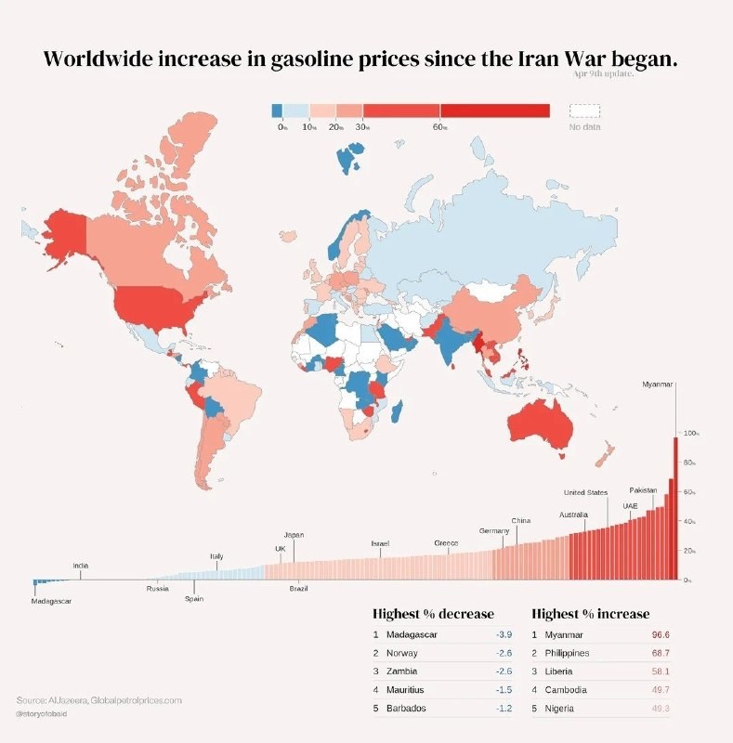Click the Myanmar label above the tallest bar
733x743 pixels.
[x=658, y=384]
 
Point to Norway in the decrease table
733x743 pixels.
[x=401, y=654]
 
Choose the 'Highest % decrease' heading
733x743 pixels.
[x=433, y=614]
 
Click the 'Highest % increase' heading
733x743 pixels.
[x=590, y=614]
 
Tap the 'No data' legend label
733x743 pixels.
[x=584, y=126]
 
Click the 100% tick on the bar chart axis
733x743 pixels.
[x=691, y=434]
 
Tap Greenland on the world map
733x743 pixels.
[x=181, y=149]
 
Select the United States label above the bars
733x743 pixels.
[x=585, y=492]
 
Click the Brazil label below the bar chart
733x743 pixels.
[x=298, y=589]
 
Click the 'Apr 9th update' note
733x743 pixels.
[x=604, y=73]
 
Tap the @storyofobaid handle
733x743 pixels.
[x=47, y=714]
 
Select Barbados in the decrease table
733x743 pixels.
[x=406, y=709]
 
